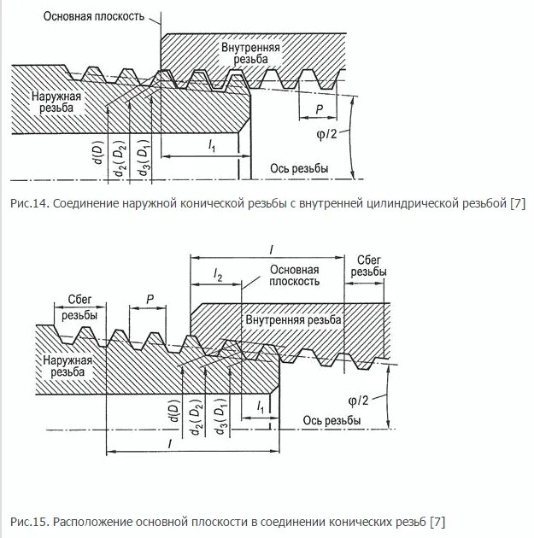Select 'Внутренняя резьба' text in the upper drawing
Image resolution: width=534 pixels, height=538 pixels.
pos(249,54)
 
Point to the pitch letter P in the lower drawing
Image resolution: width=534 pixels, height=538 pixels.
pos(150,299)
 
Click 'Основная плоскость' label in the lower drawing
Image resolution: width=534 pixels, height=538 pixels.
pos(294,274)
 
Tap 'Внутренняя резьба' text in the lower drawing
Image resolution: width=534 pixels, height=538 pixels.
pos(293,319)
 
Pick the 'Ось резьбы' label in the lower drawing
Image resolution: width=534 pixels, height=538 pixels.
pos(331,421)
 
